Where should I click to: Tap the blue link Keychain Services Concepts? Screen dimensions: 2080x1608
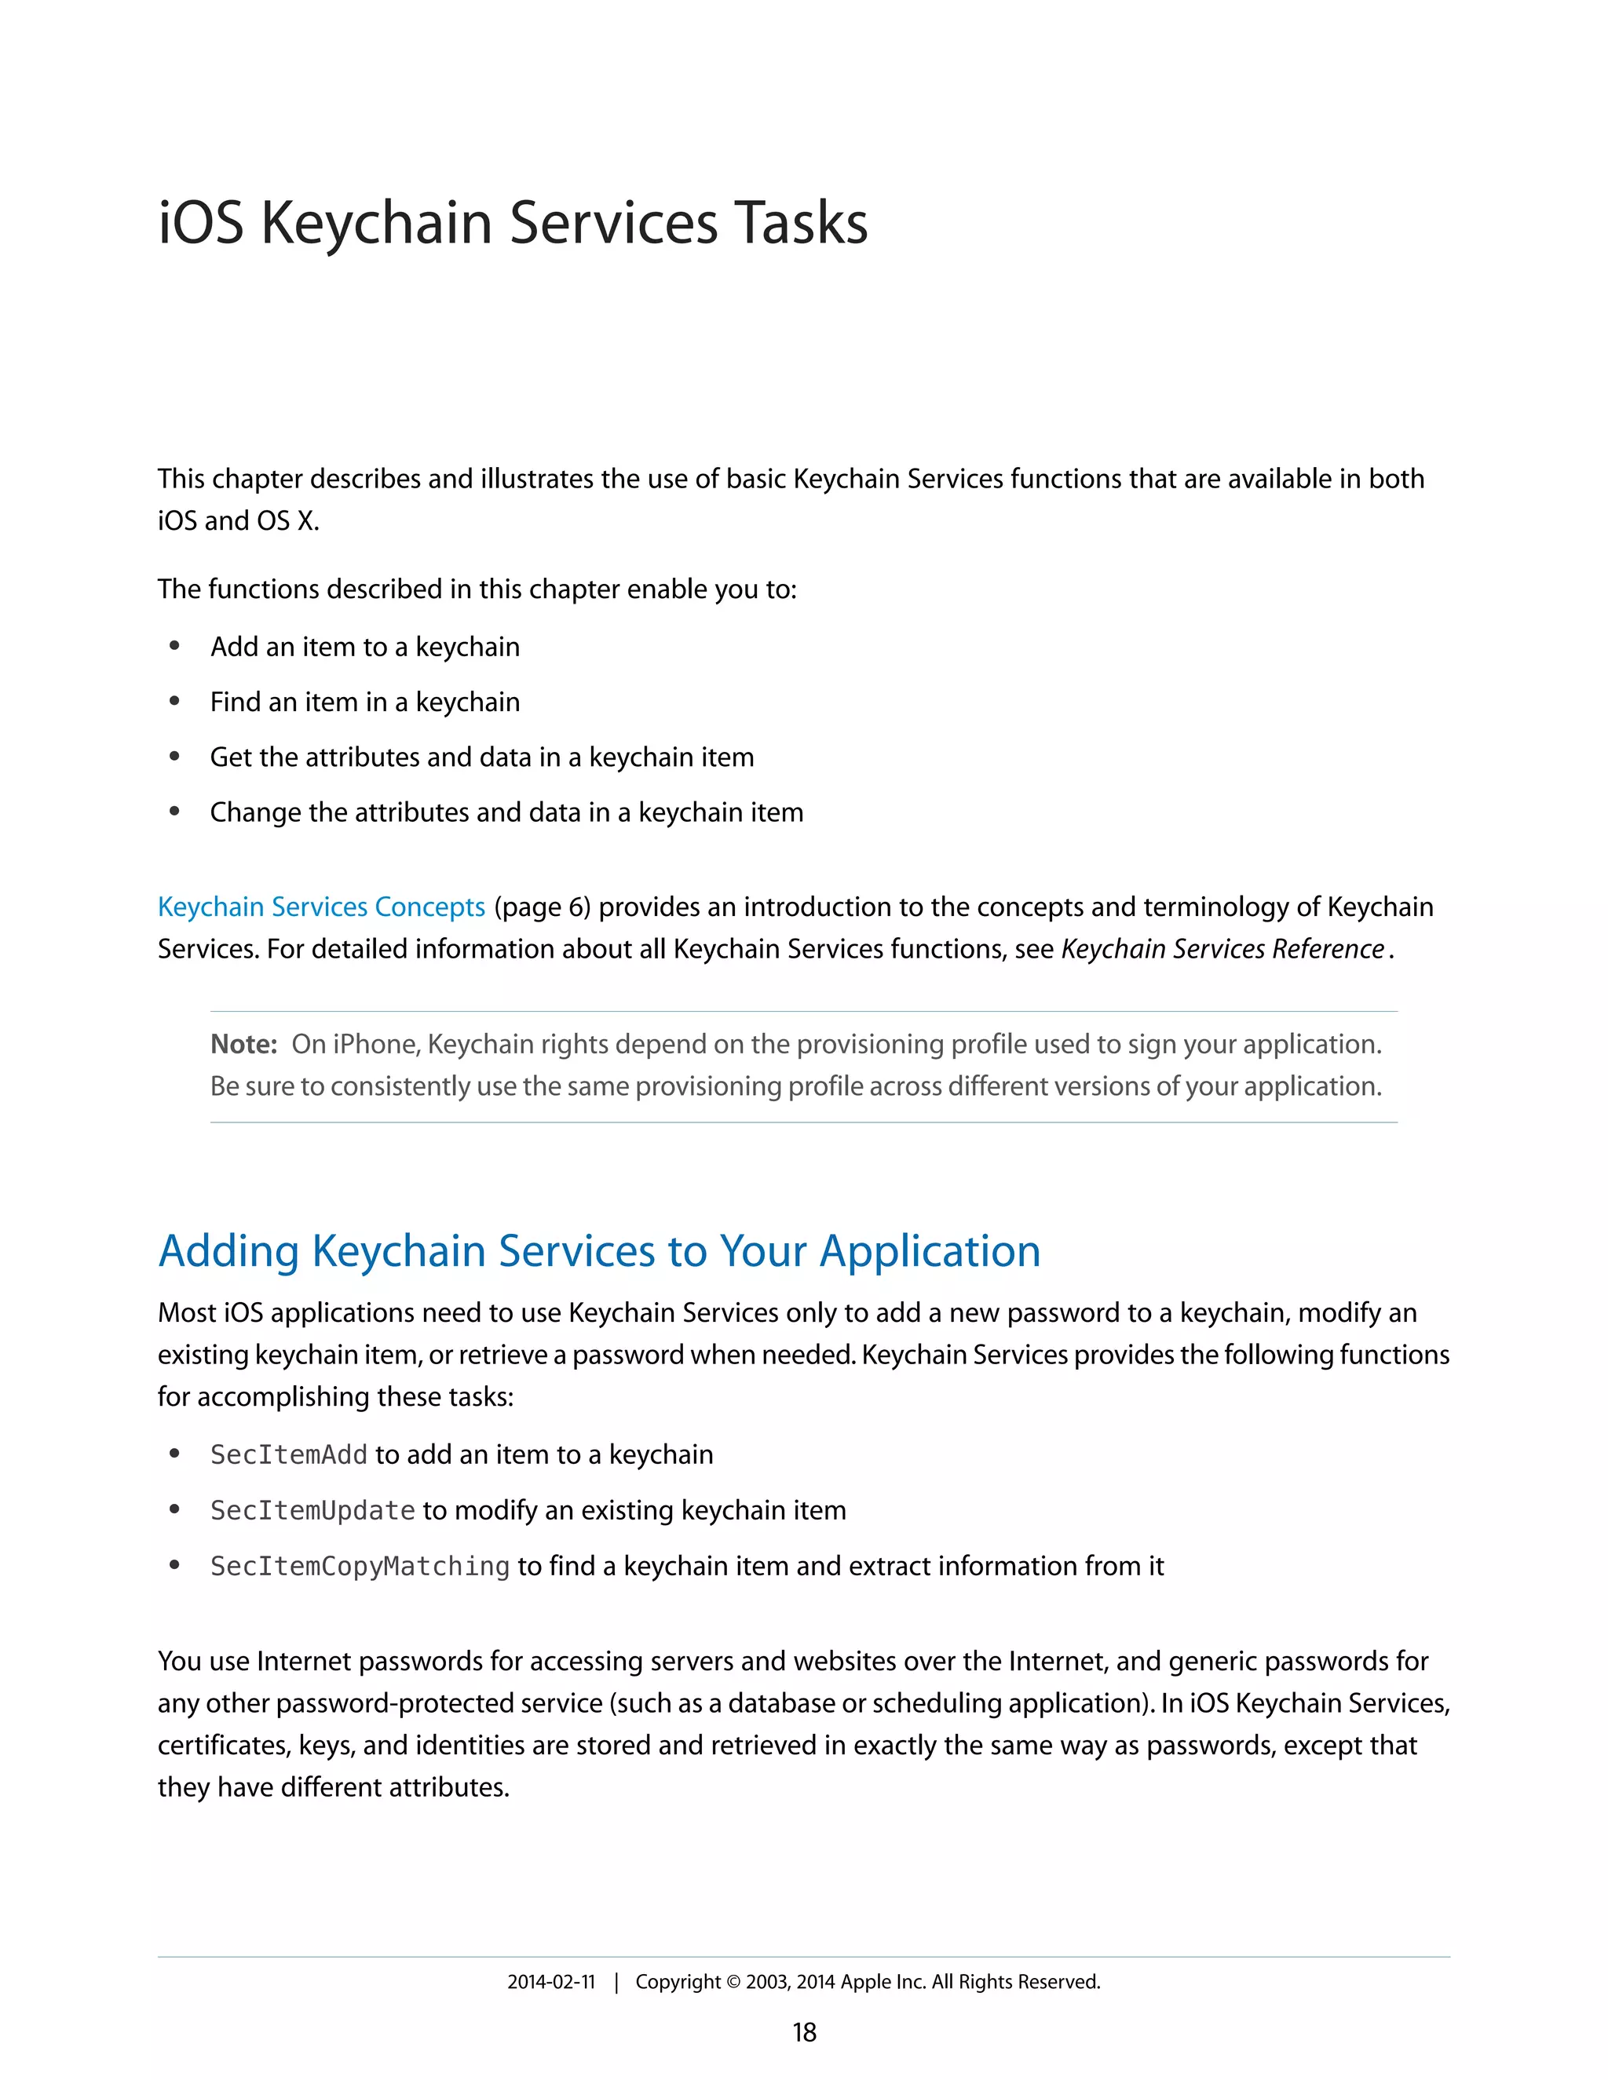pyautogui.click(x=321, y=907)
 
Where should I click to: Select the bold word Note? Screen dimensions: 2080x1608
pyautogui.click(x=243, y=1045)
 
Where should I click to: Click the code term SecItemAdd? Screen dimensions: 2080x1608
pyautogui.click(x=289, y=1455)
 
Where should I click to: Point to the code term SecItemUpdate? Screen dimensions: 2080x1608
pyautogui.click(x=312, y=1510)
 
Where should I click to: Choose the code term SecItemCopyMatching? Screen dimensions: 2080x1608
pyautogui.click(x=360, y=1567)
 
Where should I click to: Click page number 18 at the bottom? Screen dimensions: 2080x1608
pyautogui.click(x=804, y=2032)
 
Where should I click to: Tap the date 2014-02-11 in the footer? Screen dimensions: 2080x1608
pyautogui.click(x=550, y=1982)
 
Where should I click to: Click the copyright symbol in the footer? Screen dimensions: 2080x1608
pyautogui.click(x=733, y=1982)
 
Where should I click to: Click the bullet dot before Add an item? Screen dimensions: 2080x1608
pyautogui.click(x=174, y=647)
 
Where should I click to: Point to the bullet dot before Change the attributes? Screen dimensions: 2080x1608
pyautogui.click(x=174, y=812)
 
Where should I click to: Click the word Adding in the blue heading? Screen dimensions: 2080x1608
pyautogui.click(x=228, y=1251)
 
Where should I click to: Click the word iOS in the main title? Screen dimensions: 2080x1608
pyautogui.click(x=200, y=224)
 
